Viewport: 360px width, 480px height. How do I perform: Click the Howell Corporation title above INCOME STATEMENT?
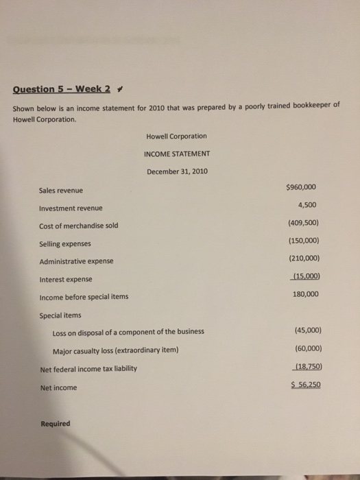click(x=176, y=136)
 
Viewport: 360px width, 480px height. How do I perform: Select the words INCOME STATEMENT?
click(x=177, y=153)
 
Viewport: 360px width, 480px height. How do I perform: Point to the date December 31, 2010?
click(x=176, y=171)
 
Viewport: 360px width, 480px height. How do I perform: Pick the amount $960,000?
click(x=300, y=187)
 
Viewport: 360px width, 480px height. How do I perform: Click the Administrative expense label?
click(x=76, y=261)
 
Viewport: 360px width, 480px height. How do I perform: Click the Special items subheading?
click(x=61, y=315)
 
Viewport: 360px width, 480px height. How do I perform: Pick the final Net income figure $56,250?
click(x=301, y=385)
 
